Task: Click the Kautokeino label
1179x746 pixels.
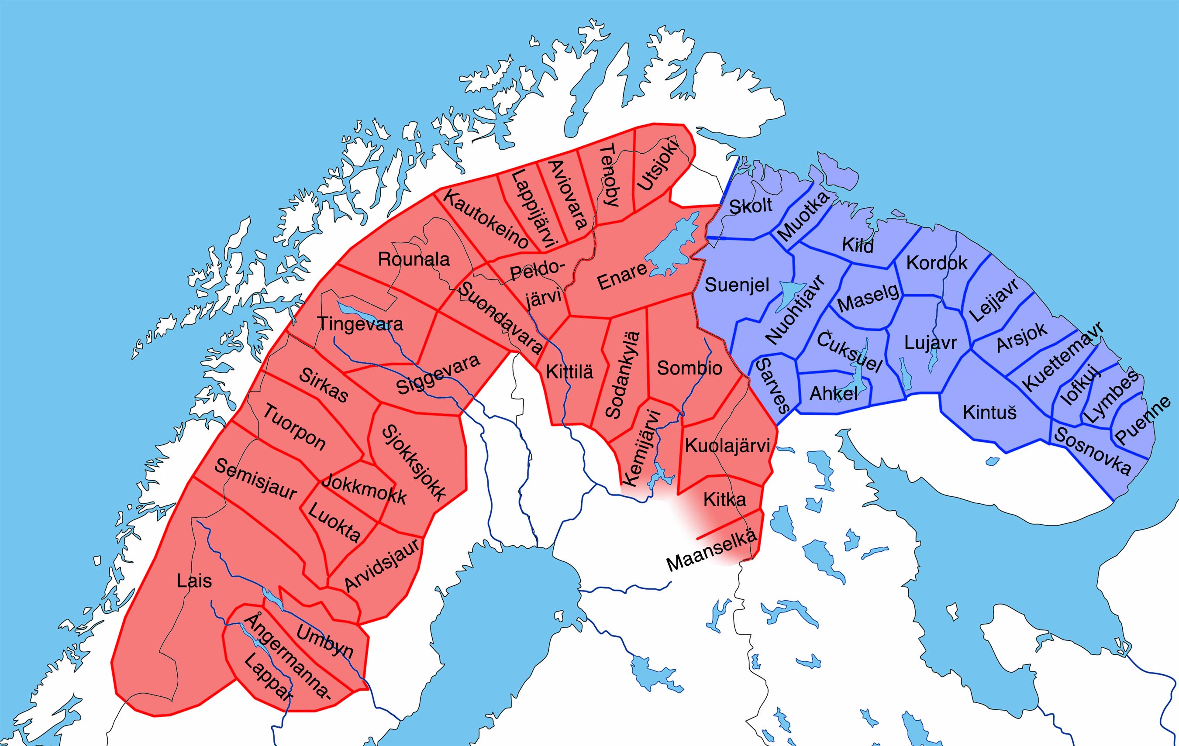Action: click(486, 219)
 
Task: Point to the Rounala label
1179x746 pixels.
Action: click(414, 259)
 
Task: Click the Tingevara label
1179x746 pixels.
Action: click(360, 324)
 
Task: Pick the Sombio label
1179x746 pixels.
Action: click(689, 368)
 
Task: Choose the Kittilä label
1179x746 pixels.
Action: click(569, 372)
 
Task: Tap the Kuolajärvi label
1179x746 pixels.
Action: click(727, 445)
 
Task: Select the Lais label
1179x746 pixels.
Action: click(194, 581)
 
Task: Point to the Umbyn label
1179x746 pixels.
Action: click(324, 642)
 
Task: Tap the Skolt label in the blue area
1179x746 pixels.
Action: click(751, 206)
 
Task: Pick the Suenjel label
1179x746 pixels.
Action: click(737, 285)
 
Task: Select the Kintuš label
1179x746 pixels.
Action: click(989, 413)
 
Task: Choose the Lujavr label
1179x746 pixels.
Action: click(930, 343)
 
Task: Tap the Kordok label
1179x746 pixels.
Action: click(937, 263)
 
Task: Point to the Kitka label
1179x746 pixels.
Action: click(724, 500)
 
